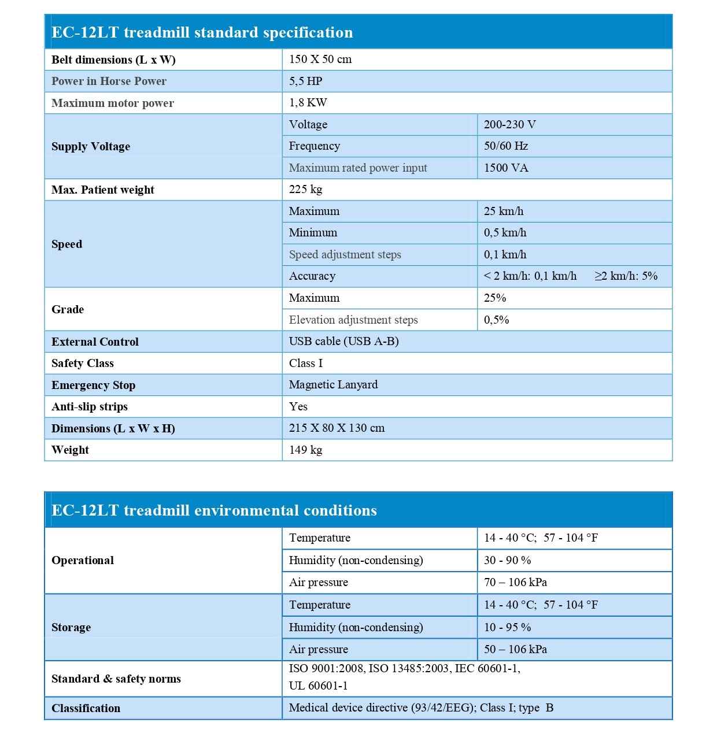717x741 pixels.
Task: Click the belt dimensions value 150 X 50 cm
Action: [320, 60]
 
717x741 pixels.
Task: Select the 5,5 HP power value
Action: [305, 81]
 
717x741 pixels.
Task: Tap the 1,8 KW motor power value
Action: [308, 103]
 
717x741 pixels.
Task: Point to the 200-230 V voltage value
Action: [509, 125]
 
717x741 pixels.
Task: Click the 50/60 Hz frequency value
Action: [505, 146]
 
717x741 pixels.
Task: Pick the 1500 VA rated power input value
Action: [506, 168]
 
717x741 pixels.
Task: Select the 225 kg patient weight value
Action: [305, 190]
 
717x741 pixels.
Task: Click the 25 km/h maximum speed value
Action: [503, 212]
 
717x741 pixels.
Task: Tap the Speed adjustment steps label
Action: [345, 255]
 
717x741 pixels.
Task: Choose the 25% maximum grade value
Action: [494, 298]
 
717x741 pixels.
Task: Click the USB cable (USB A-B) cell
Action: [343, 342]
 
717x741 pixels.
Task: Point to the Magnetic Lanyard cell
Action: [333, 385]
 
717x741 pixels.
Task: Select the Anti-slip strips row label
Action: [90, 407]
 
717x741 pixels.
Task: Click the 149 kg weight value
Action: [305, 450]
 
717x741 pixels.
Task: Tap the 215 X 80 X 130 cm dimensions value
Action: [337, 428]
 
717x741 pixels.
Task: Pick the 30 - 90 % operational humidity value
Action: [507, 561]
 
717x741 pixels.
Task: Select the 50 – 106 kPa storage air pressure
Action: [515, 650]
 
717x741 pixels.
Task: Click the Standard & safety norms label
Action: [116, 679]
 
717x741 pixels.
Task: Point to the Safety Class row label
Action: [83, 364]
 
